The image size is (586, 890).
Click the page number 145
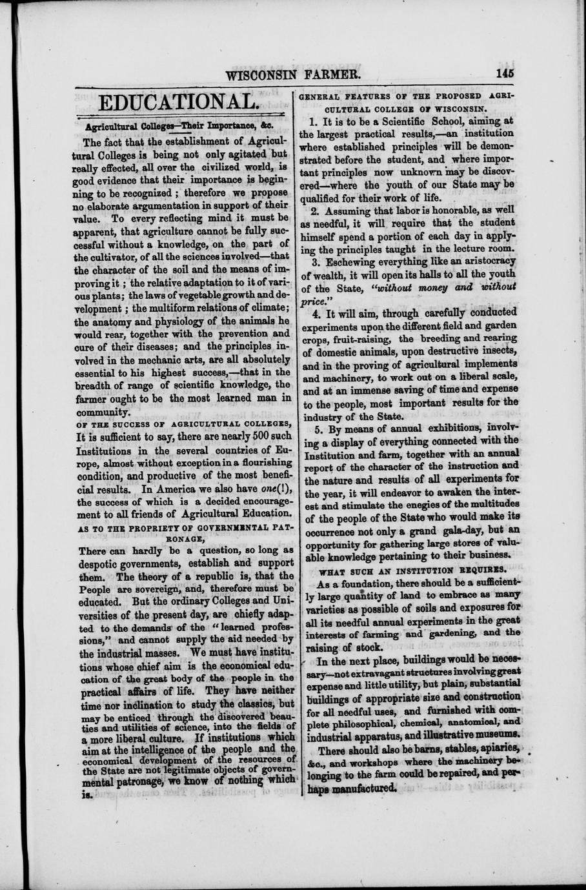pos(505,73)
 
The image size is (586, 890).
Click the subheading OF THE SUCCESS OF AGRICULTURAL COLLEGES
pos(183,423)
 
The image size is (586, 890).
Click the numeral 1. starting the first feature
pos(314,121)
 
